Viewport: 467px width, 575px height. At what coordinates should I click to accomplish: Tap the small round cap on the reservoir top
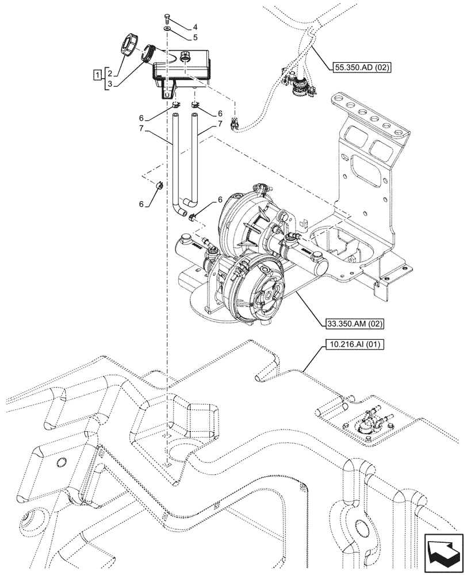[x=185, y=56]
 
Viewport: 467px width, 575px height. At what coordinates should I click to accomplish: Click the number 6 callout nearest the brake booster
[x=219, y=199]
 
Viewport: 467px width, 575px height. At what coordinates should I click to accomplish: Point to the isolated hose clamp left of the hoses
[x=160, y=185]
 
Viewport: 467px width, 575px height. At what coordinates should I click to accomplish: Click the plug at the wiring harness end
[x=235, y=122]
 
